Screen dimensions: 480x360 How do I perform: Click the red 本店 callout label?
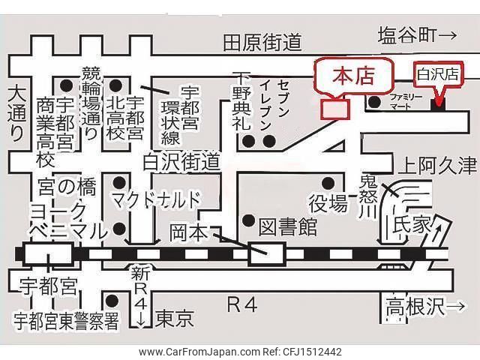pyautogui.click(x=353, y=76)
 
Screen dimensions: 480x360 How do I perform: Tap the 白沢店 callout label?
pyautogui.click(x=438, y=74)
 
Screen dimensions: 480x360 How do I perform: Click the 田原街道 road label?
pyautogui.click(x=262, y=43)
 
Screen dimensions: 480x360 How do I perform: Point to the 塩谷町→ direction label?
pyautogui.click(x=418, y=35)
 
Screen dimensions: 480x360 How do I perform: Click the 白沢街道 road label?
pyautogui.click(x=181, y=162)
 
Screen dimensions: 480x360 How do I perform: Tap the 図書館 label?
pyautogui.click(x=287, y=227)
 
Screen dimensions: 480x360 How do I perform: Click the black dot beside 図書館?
pyautogui.click(x=248, y=220)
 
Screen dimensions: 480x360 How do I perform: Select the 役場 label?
pyautogui.click(x=328, y=204)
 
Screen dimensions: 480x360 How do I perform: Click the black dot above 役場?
pyautogui.click(x=328, y=183)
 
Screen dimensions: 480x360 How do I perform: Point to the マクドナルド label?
pyautogui.click(x=157, y=199)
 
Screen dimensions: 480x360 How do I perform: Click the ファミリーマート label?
pyautogui.click(x=406, y=102)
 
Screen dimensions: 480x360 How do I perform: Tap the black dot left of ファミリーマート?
pyautogui.click(x=374, y=102)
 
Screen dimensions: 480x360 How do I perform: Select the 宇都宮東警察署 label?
pyautogui.click(x=66, y=321)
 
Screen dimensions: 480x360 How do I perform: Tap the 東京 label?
pyautogui.click(x=175, y=319)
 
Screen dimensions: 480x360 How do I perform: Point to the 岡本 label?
pyautogui.click(x=189, y=233)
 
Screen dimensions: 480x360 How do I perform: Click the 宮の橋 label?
pyautogui.click(x=67, y=187)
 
